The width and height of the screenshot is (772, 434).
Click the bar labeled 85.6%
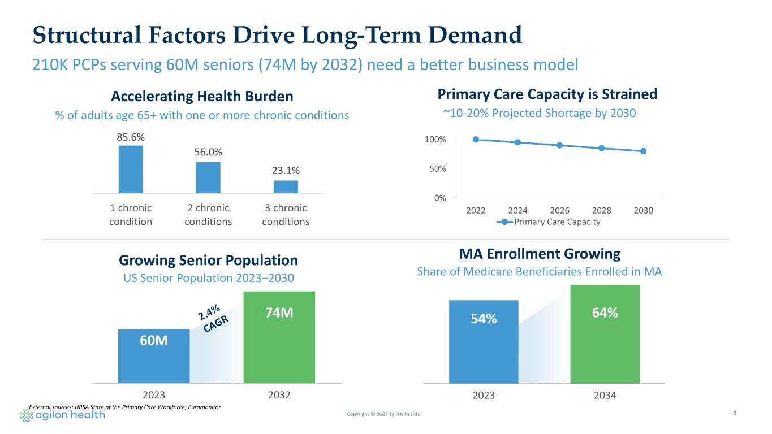(x=131, y=169)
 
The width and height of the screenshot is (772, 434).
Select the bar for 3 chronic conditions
(x=286, y=186)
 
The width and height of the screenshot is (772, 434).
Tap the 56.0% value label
(x=208, y=152)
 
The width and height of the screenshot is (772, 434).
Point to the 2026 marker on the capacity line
(x=559, y=145)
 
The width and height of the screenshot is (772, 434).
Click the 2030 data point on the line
(x=644, y=151)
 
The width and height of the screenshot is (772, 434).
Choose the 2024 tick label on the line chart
(x=517, y=210)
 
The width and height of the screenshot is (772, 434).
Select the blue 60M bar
(x=154, y=356)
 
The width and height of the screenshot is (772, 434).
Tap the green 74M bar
(x=279, y=337)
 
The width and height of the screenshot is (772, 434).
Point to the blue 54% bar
(x=484, y=342)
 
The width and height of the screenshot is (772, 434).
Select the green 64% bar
(x=605, y=334)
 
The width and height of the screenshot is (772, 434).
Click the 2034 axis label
(x=605, y=395)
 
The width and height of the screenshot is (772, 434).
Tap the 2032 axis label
(x=279, y=395)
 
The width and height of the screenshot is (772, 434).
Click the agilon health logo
(x=63, y=415)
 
